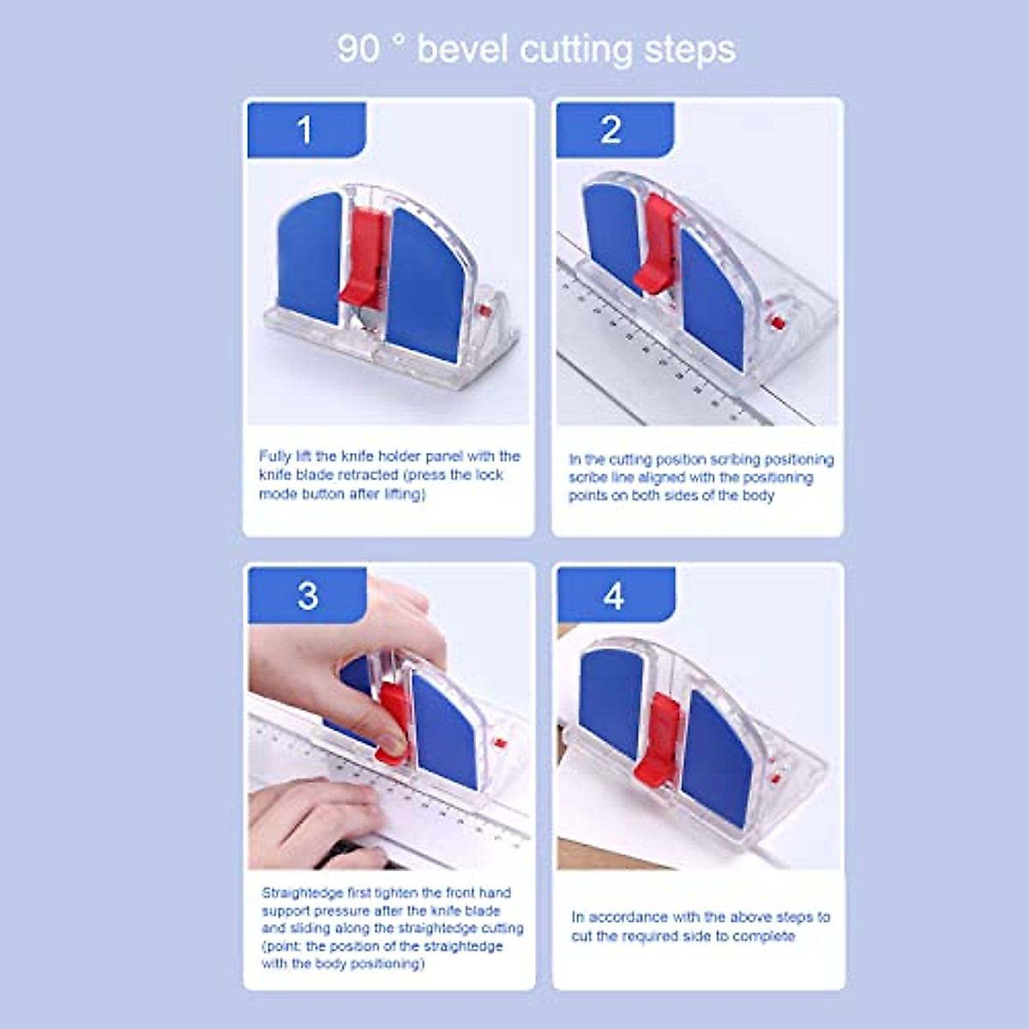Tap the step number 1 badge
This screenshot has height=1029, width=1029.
[x=305, y=130]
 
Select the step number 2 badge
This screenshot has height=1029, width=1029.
[x=611, y=130]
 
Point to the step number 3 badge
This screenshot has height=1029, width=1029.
[x=307, y=596]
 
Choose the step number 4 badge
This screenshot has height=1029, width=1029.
[x=614, y=596]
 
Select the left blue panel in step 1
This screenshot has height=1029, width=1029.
[x=310, y=257]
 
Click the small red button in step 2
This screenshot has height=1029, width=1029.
[x=777, y=322]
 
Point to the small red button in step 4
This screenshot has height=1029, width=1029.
[x=774, y=779]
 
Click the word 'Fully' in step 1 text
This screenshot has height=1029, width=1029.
[x=274, y=456]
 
